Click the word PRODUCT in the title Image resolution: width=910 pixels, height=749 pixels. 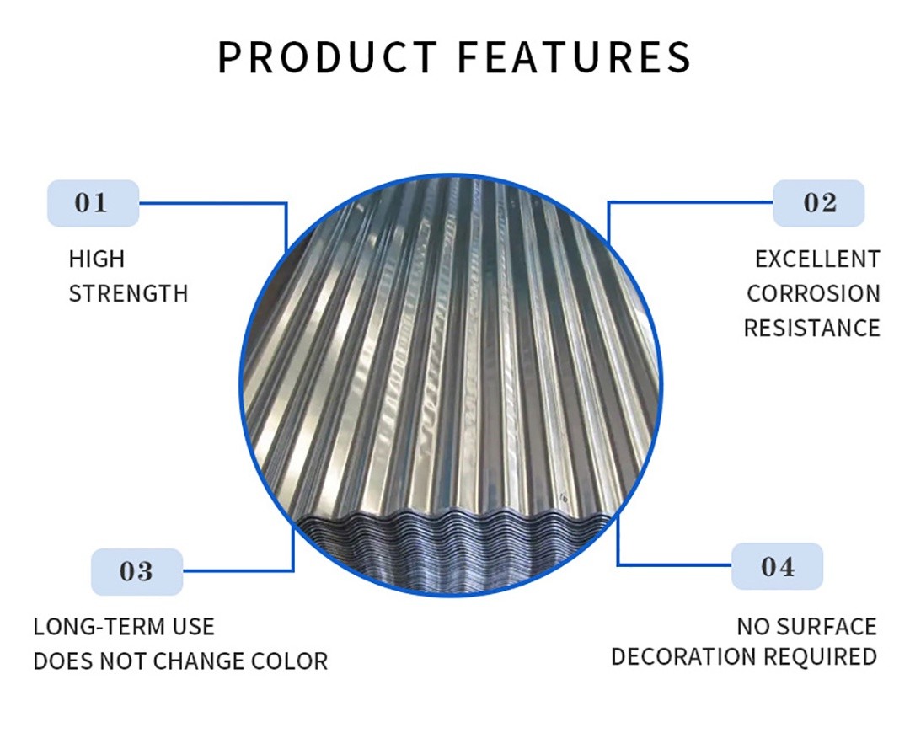click(327, 56)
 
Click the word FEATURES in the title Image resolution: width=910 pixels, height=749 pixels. click(575, 56)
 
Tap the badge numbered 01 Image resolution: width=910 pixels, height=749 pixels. click(93, 203)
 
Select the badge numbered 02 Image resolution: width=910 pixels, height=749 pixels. click(819, 203)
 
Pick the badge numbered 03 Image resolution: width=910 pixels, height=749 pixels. click(137, 571)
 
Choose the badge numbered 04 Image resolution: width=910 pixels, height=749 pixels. click(777, 567)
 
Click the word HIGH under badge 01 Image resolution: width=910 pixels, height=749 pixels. click(97, 259)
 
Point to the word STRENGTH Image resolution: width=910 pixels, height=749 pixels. click(128, 293)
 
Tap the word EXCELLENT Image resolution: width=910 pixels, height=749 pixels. click(817, 259)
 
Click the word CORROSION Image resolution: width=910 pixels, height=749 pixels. click(813, 293)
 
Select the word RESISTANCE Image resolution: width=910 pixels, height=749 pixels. click(812, 329)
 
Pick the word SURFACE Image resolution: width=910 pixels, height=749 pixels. click(827, 627)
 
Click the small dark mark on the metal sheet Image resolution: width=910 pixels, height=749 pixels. click(564, 497)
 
